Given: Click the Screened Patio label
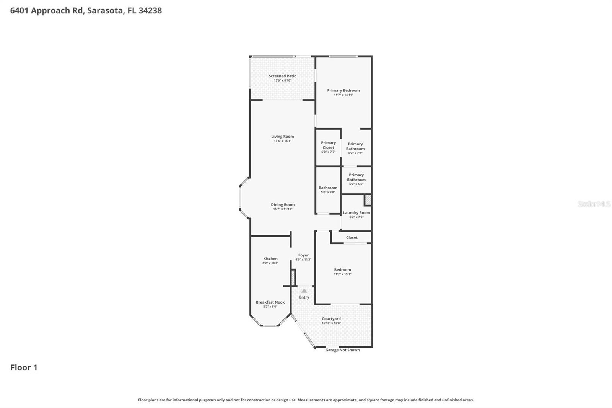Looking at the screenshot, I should click(x=282, y=76).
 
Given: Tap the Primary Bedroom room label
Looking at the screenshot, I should click(x=343, y=91).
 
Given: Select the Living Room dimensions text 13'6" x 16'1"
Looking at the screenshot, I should click(x=282, y=141).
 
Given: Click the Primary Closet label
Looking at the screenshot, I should click(x=328, y=145).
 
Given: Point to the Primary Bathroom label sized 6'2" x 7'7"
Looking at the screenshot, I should click(x=355, y=147).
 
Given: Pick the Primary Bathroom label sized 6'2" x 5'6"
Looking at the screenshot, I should click(x=356, y=178).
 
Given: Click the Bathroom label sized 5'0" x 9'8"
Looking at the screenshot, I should click(x=328, y=188).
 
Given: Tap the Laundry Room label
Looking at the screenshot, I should click(x=356, y=213).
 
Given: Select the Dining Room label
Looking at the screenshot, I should click(x=283, y=205).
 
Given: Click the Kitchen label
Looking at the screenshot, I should click(x=270, y=259).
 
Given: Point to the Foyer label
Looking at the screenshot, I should click(x=303, y=255).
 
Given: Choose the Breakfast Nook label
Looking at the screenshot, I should click(x=270, y=302).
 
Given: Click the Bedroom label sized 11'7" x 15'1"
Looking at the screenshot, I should click(x=342, y=270).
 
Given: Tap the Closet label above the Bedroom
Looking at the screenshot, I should click(x=352, y=238).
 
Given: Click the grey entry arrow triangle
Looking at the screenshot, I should click(x=304, y=291).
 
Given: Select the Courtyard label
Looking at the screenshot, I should click(x=331, y=319).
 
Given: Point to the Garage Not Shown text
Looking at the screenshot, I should click(x=342, y=350).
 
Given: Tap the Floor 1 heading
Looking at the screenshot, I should click(x=24, y=367).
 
